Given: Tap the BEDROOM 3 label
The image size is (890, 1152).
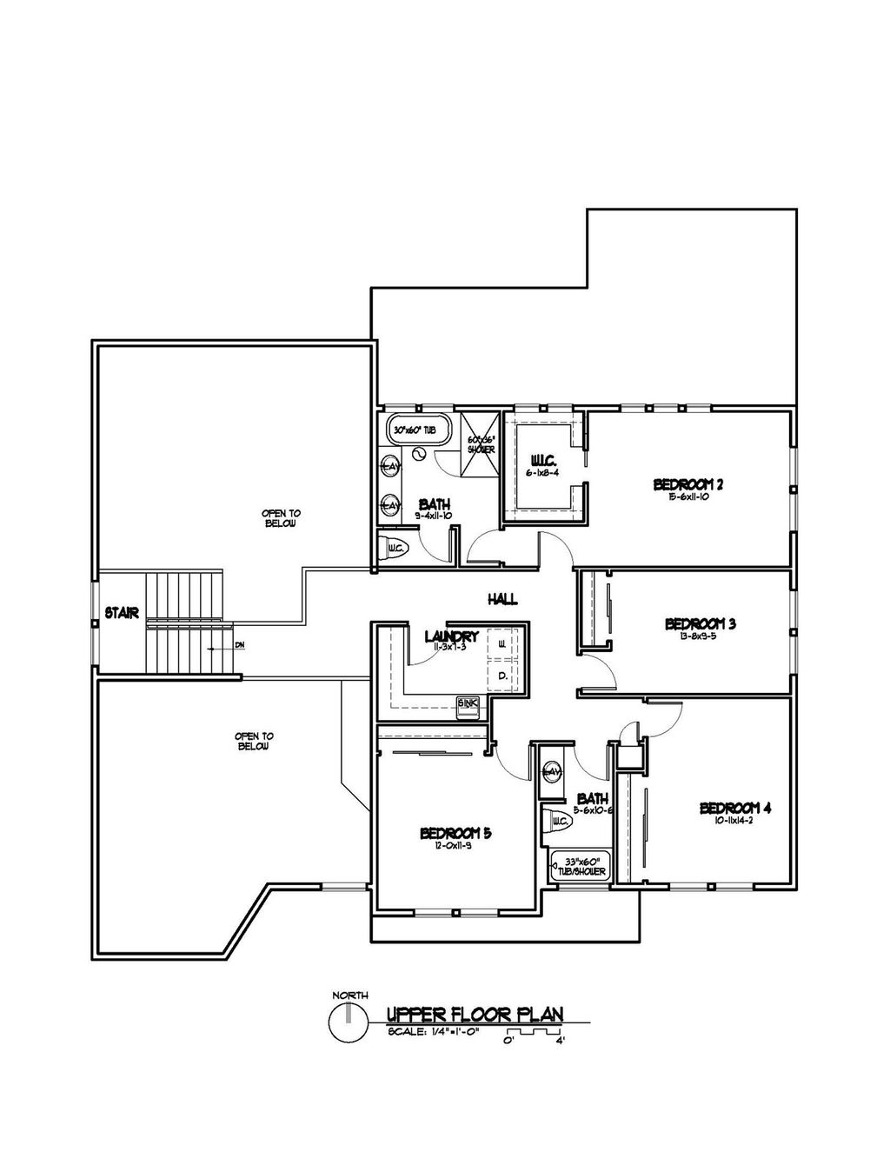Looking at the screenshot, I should [x=701, y=623].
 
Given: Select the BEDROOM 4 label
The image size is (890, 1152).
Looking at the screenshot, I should [x=735, y=808].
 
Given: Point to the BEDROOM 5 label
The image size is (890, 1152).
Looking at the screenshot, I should [x=455, y=833].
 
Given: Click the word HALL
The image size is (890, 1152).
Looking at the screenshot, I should [x=502, y=598].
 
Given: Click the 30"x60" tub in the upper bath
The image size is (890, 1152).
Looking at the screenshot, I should [x=418, y=430].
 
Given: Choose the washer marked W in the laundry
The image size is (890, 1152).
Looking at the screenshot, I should [x=503, y=645].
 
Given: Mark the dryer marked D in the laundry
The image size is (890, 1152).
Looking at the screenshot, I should [x=503, y=675].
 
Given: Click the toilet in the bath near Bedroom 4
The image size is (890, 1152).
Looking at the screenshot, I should [x=558, y=820].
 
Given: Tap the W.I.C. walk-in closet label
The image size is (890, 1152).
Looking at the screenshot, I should [x=542, y=460].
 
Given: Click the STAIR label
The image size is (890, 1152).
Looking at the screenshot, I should [x=122, y=613].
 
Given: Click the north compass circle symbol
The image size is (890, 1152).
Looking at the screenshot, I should [x=349, y=1023].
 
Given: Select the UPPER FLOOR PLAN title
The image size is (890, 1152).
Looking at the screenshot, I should [x=475, y=1014].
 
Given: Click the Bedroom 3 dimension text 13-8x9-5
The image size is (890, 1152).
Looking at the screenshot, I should [x=701, y=636].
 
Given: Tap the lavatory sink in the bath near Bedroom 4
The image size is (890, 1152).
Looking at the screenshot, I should [x=553, y=771].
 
